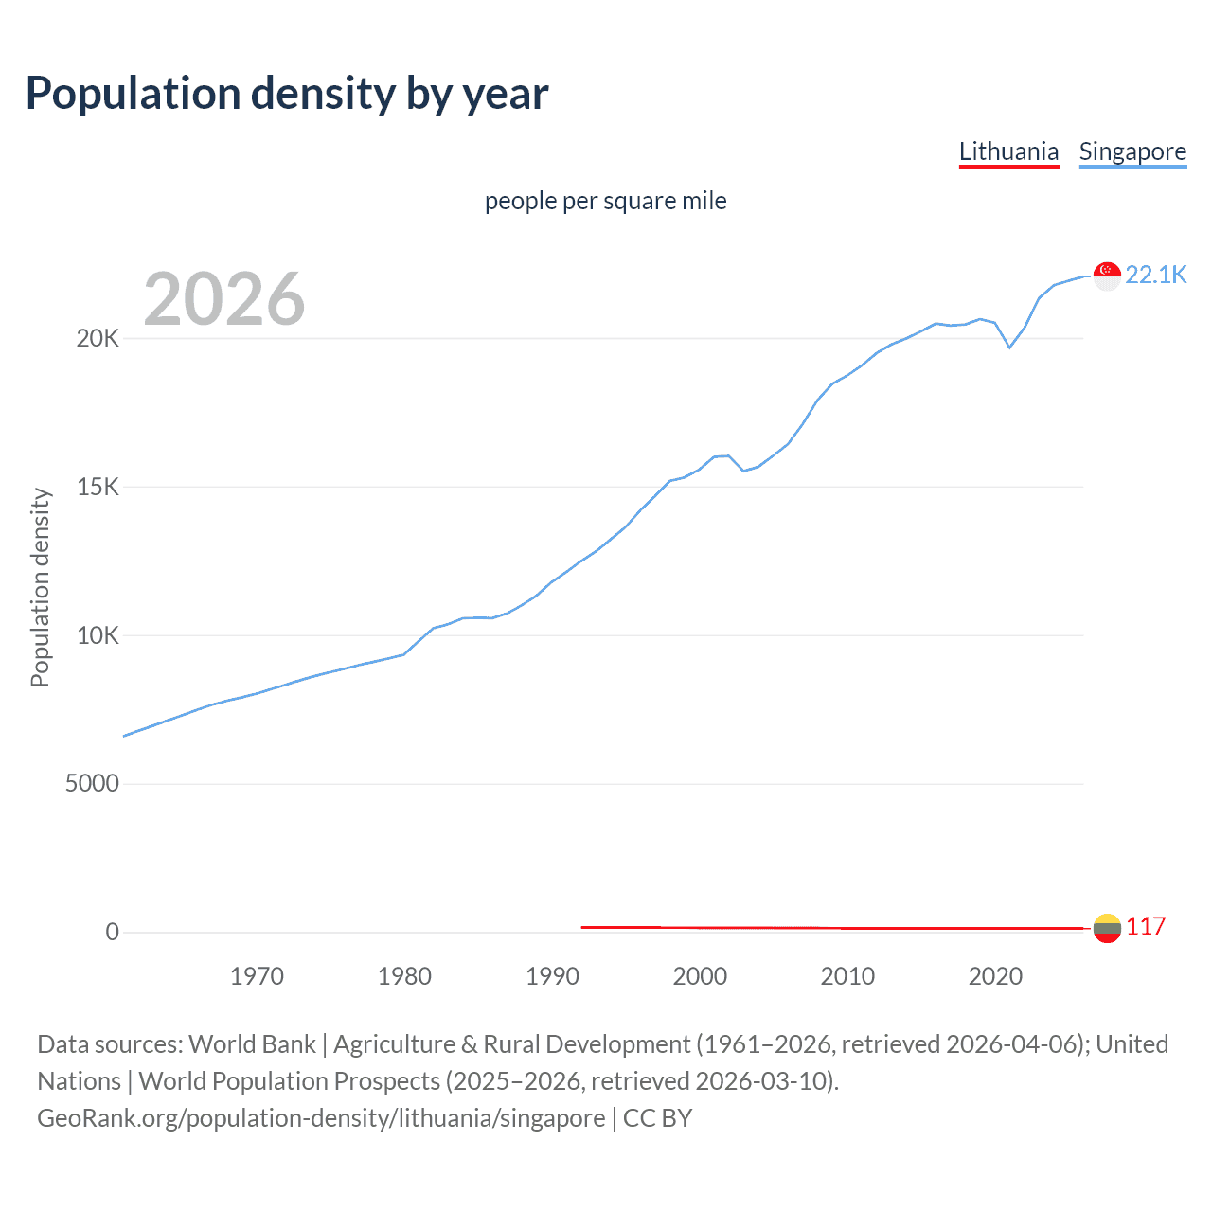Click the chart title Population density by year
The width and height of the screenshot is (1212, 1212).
click(287, 94)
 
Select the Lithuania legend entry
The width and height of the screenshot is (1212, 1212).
click(1008, 151)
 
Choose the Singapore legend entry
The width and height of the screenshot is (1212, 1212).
click(1132, 151)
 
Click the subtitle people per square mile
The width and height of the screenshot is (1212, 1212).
click(606, 201)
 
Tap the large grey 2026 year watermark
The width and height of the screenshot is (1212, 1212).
click(224, 299)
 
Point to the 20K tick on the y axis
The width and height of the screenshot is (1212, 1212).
click(98, 338)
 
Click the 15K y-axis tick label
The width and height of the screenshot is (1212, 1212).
click(98, 487)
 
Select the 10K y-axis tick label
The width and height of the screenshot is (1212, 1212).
click(98, 635)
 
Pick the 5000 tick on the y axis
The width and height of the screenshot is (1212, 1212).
click(92, 783)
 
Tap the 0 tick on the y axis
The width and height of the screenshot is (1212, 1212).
click(113, 932)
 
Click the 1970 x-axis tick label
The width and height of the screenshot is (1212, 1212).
click(257, 976)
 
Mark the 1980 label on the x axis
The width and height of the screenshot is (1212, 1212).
click(404, 976)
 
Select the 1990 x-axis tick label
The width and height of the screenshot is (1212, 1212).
click(552, 976)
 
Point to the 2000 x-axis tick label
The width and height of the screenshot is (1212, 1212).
click(700, 976)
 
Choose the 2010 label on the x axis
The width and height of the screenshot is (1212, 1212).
click(847, 976)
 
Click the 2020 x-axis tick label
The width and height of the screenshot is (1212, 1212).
click(995, 976)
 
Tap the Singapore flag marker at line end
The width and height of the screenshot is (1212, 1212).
click(1107, 276)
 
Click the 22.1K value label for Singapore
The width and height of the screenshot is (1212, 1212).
click(1155, 275)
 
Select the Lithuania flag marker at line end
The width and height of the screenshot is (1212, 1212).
click(1107, 928)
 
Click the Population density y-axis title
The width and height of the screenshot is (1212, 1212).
click(40, 587)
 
